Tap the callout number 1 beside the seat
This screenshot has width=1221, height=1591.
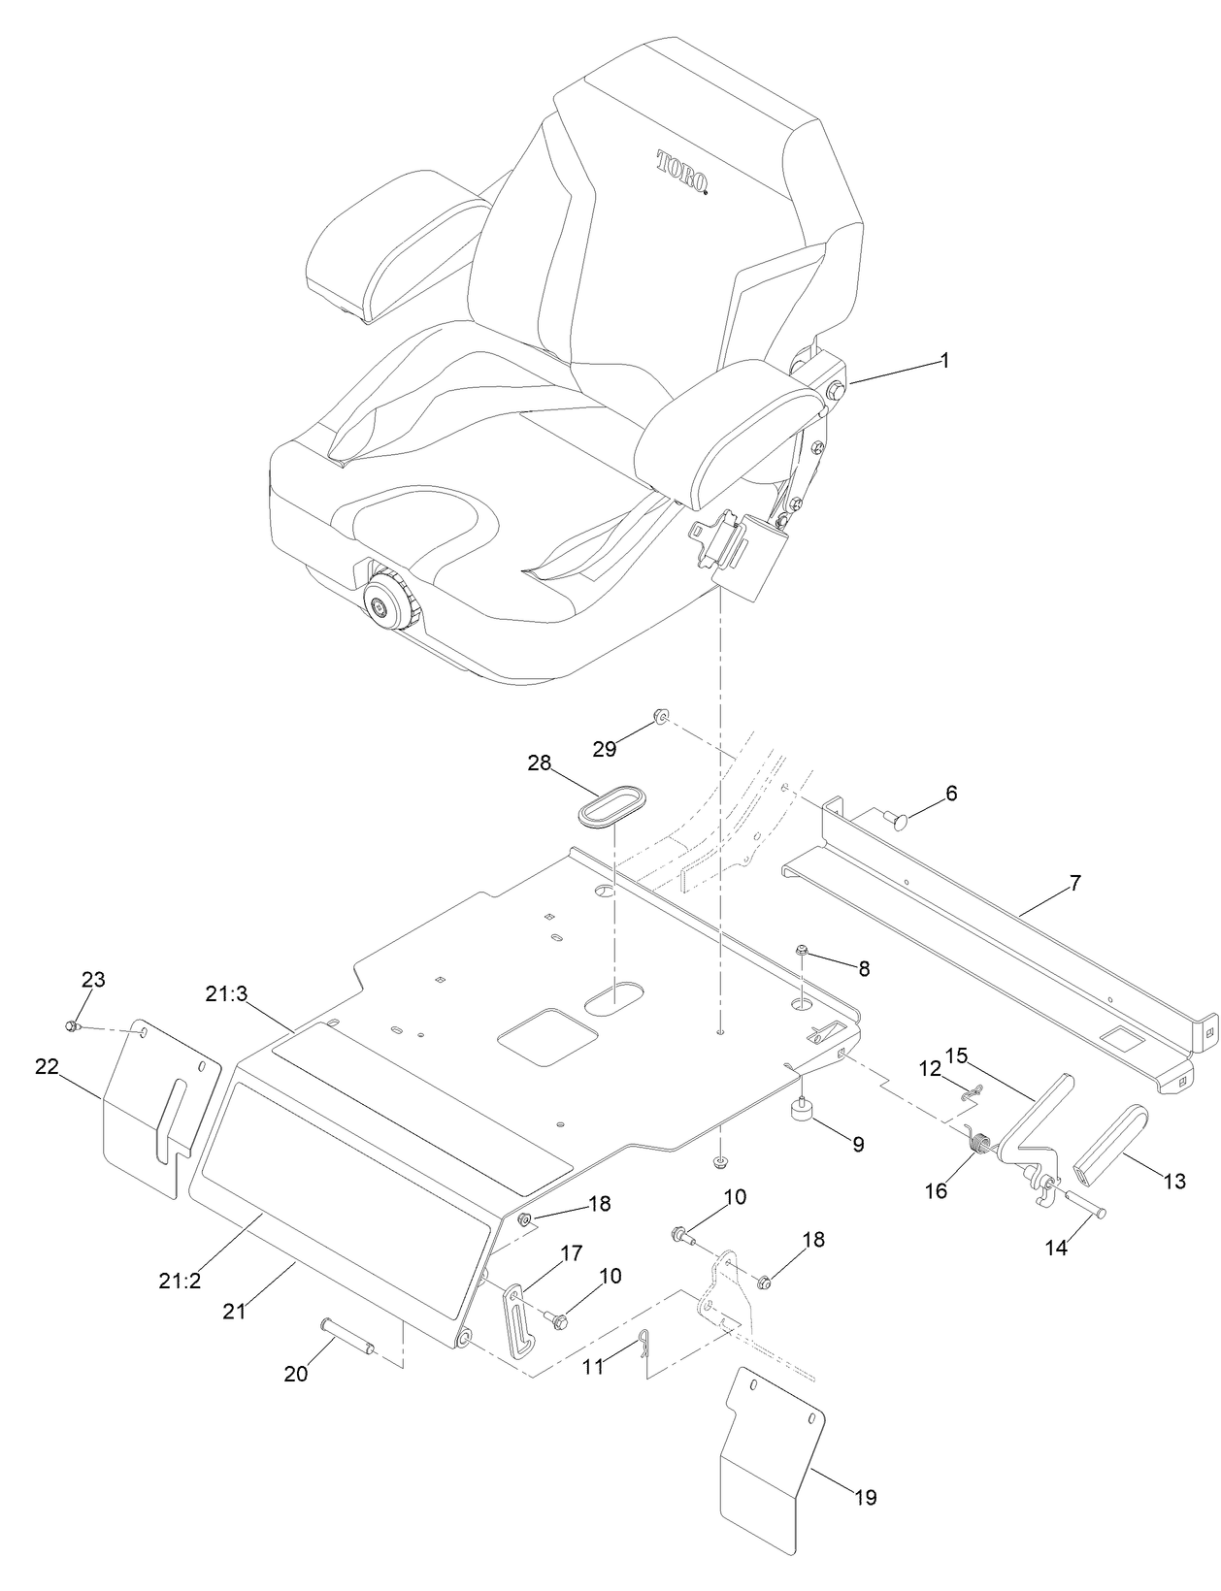944,361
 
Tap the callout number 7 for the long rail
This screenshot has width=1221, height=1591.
1073,883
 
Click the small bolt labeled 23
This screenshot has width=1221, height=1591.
72,1025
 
